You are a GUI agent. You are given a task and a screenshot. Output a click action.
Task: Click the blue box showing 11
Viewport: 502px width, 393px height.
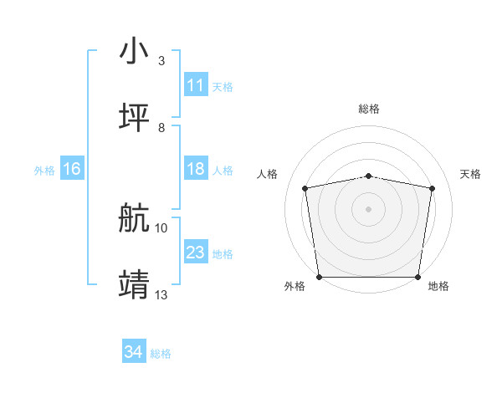click(x=196, y=85)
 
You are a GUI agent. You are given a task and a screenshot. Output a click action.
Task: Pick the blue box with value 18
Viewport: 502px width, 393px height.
click(x=196, y=169)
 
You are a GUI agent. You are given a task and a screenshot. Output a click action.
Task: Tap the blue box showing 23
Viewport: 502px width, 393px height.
click(x=196, y=253)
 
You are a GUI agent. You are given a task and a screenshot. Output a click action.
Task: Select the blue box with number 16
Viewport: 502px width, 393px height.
click(x=72, y=169)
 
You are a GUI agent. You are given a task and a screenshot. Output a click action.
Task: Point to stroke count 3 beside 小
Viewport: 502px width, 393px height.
click(x=161, y=61)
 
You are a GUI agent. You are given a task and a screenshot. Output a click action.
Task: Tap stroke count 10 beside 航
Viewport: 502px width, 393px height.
click(x=161, y=227)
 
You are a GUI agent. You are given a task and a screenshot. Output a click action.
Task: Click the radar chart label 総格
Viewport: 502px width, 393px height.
click(x=369, y=109)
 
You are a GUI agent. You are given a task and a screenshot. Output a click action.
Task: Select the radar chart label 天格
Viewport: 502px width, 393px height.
click(x=471, y=174)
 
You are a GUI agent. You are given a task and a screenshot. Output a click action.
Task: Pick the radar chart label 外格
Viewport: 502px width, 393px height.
click(x=295, y=286)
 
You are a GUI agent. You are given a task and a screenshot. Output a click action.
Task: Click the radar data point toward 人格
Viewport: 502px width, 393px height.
click(x=305, y=188)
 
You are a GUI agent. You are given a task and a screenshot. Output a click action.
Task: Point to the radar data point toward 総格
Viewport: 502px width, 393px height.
click(x=369, y=176)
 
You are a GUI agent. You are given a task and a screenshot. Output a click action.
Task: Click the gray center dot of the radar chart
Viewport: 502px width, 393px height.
click(x=369, y=208)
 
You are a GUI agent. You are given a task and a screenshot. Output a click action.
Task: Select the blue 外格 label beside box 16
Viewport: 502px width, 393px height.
click(x=44, y=170)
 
